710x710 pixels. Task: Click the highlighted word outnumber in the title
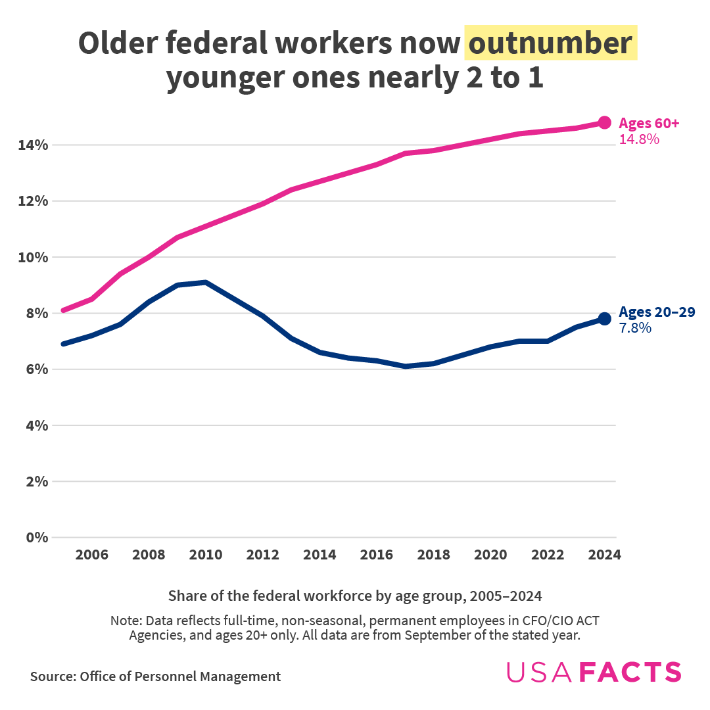point(550,44)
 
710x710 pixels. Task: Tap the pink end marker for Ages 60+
point(604,122)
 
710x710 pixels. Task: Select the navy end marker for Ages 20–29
point(604,319)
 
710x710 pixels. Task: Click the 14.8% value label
point(639,139)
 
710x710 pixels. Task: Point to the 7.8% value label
point(635,327)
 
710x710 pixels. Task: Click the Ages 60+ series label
point(649,123)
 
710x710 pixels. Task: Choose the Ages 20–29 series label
point(657,312)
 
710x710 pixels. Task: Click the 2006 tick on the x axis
point(91,555)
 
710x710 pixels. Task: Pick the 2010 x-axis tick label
point(206,555)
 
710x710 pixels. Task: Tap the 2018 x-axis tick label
point(433,555)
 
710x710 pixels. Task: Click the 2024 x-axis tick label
point(604,555)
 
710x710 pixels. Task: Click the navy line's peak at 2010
point(206,283)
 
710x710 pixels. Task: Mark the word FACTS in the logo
point(630,672)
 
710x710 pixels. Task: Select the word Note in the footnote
point(124,621)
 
